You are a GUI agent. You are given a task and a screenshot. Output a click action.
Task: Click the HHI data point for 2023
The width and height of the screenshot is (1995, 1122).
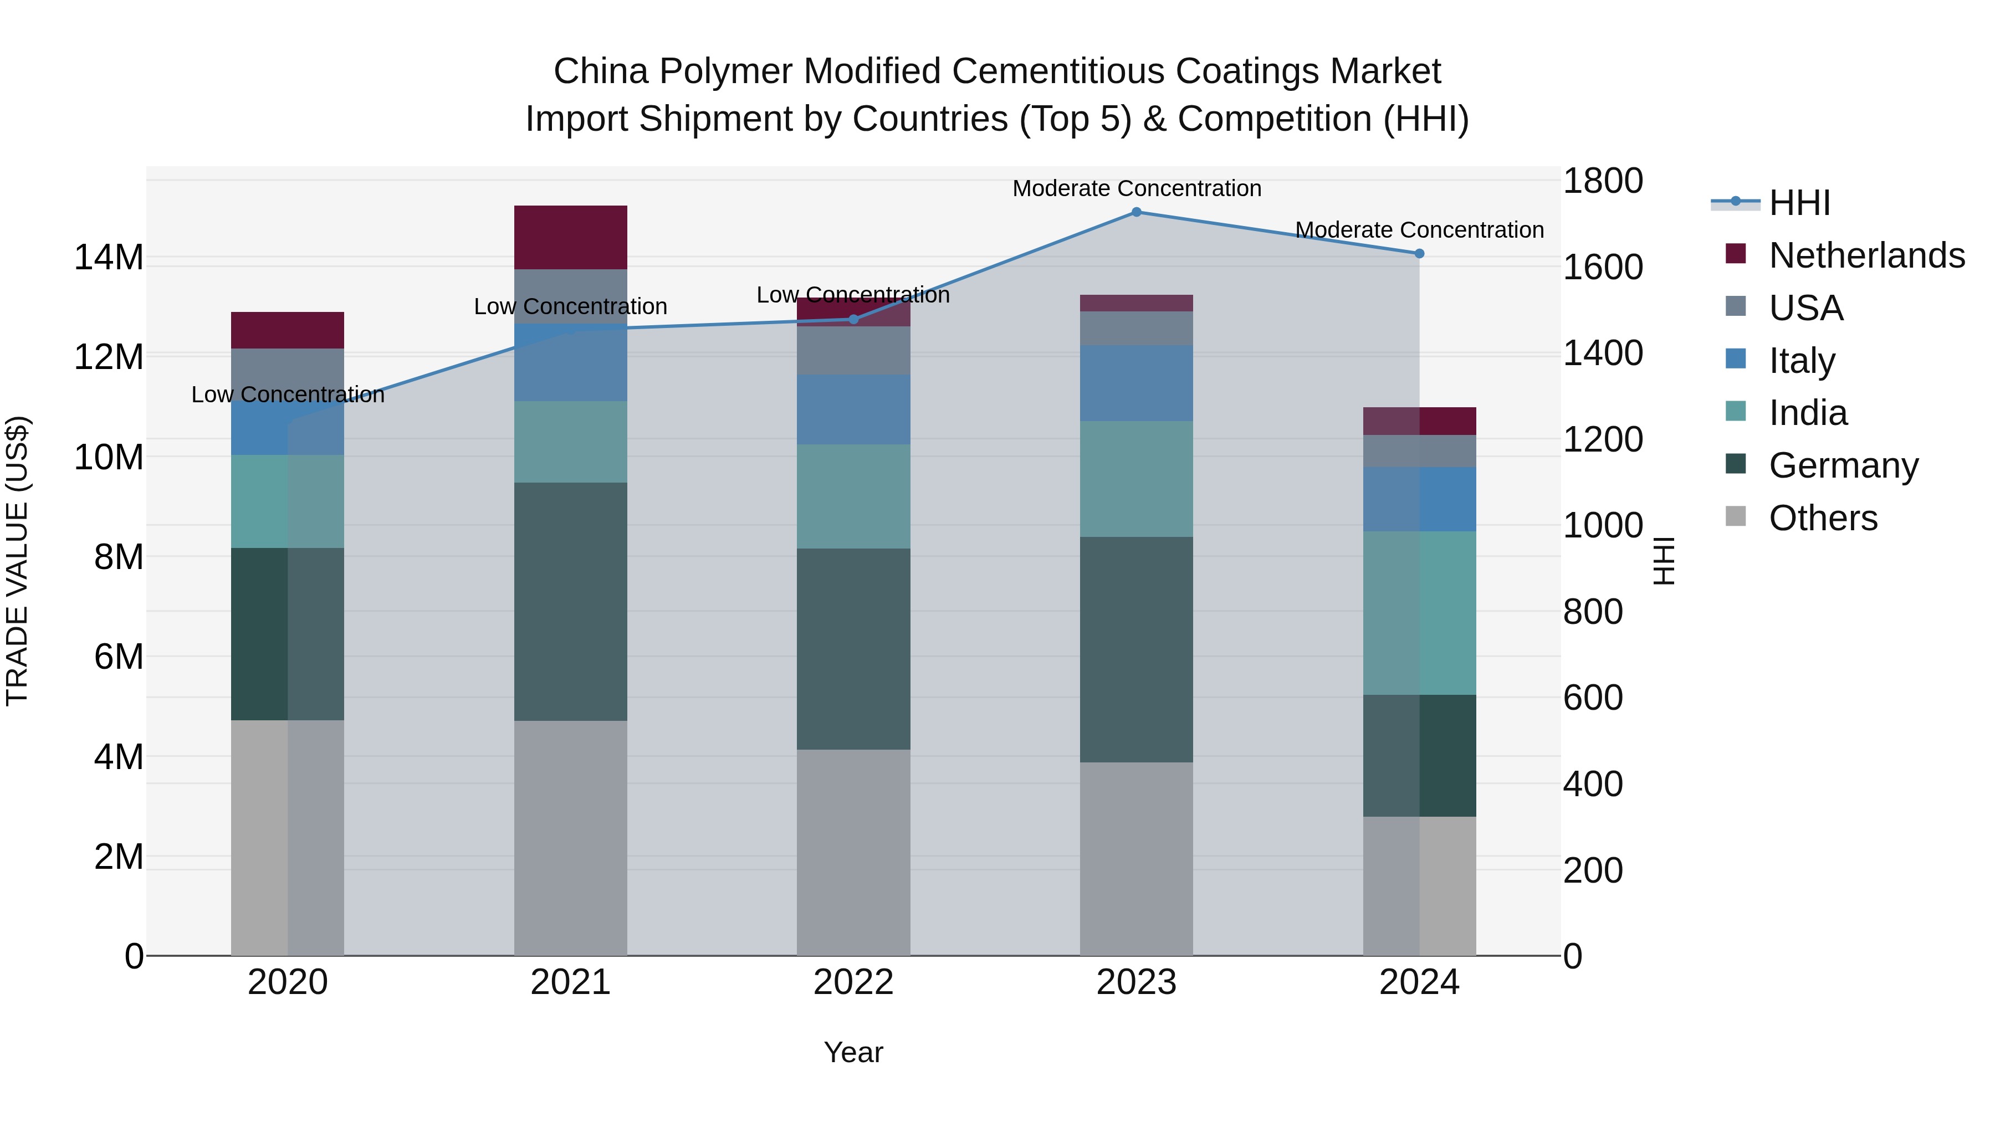[x=1136, y=212]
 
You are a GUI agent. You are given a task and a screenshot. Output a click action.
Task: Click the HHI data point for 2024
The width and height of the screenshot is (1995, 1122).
[x=1419, y=253]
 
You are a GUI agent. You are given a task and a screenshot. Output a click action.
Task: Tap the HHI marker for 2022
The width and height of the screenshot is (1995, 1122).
[x=853, y=319]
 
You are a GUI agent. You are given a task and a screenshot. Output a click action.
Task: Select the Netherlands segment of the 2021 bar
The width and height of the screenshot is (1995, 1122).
[x=571, y=237]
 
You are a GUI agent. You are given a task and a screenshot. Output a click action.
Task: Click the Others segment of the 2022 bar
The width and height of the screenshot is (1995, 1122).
[x=853, y=852]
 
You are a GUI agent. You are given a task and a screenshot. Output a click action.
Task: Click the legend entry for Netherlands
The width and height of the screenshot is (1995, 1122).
[x=1866, y=255]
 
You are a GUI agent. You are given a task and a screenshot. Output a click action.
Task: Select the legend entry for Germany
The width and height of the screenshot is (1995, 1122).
[x=1843, y=465]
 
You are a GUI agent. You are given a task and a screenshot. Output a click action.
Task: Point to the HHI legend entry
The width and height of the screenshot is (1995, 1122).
[x=1799, y=203]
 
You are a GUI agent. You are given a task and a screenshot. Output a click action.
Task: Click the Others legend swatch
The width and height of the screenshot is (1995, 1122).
[x=1736, y=516]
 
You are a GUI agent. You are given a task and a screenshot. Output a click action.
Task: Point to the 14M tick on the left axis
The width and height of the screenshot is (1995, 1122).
[x=109, y=257]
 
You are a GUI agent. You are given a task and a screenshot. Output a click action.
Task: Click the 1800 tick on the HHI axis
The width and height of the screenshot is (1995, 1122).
[x=1602, y=181]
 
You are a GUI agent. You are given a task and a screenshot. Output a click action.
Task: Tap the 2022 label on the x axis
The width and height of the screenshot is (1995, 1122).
[x=853, y=982]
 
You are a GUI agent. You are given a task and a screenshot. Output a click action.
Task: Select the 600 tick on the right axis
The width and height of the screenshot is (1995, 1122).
[x=1592, y=698]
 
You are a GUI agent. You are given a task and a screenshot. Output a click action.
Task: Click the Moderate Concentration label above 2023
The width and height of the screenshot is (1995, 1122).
[x=1136, y=188]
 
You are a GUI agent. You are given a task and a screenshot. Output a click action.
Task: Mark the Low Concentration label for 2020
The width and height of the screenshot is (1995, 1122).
[x=287, y=395]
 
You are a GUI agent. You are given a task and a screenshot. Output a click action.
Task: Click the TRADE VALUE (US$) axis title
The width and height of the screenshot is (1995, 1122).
[x=17, y=561]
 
